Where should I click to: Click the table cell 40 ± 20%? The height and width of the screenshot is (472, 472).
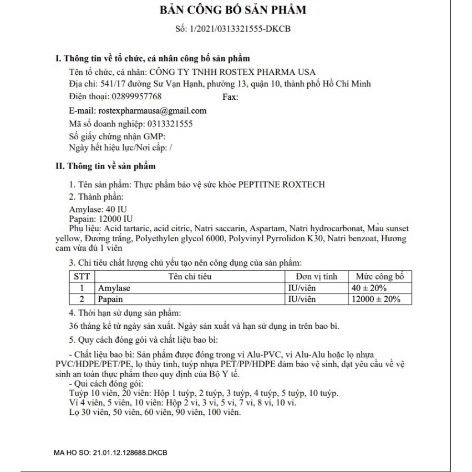point(368,288)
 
